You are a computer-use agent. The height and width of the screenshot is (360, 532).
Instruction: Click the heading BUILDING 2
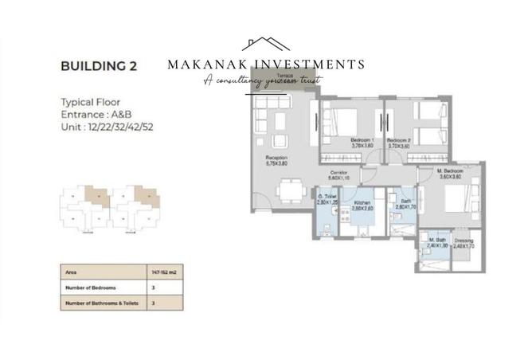point(99,66)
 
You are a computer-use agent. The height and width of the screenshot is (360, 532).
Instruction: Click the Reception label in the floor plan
point(276,158)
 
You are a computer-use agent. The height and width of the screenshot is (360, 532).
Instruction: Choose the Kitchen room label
point(363,203)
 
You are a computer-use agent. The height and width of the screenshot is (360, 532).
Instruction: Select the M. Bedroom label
point(451,172)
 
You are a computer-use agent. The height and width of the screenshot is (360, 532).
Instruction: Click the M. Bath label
point(437,241)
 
